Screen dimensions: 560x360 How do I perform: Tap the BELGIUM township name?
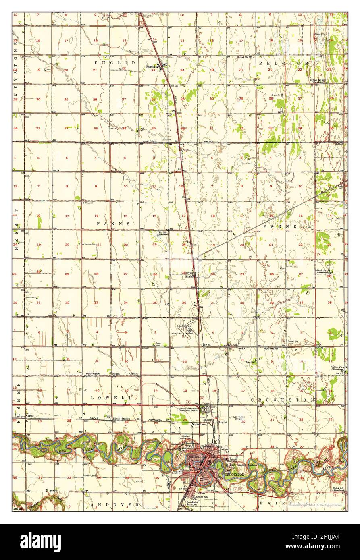tap(284, 63)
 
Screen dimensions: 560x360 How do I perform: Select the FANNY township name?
tap(113, 223)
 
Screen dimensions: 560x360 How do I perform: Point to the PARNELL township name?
tap(287, 227)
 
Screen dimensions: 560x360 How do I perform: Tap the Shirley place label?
tap(189, 277)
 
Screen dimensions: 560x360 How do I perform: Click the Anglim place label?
tap(223, 422)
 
